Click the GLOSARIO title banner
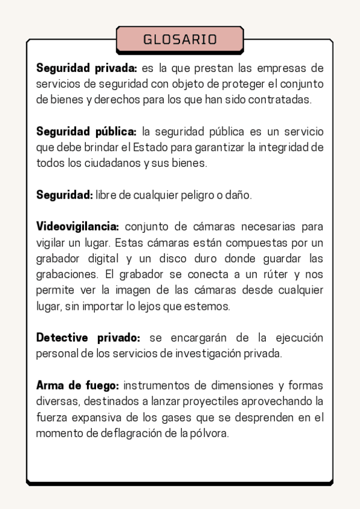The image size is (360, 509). pyautogui.click(x=180, y=40)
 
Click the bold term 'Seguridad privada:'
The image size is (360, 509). pyautogui.click(x=87, y=67)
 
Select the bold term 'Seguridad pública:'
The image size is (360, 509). pyautogui.click(x=86, y=131)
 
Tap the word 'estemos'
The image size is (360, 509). pyautogui.click(x=210, y=307)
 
